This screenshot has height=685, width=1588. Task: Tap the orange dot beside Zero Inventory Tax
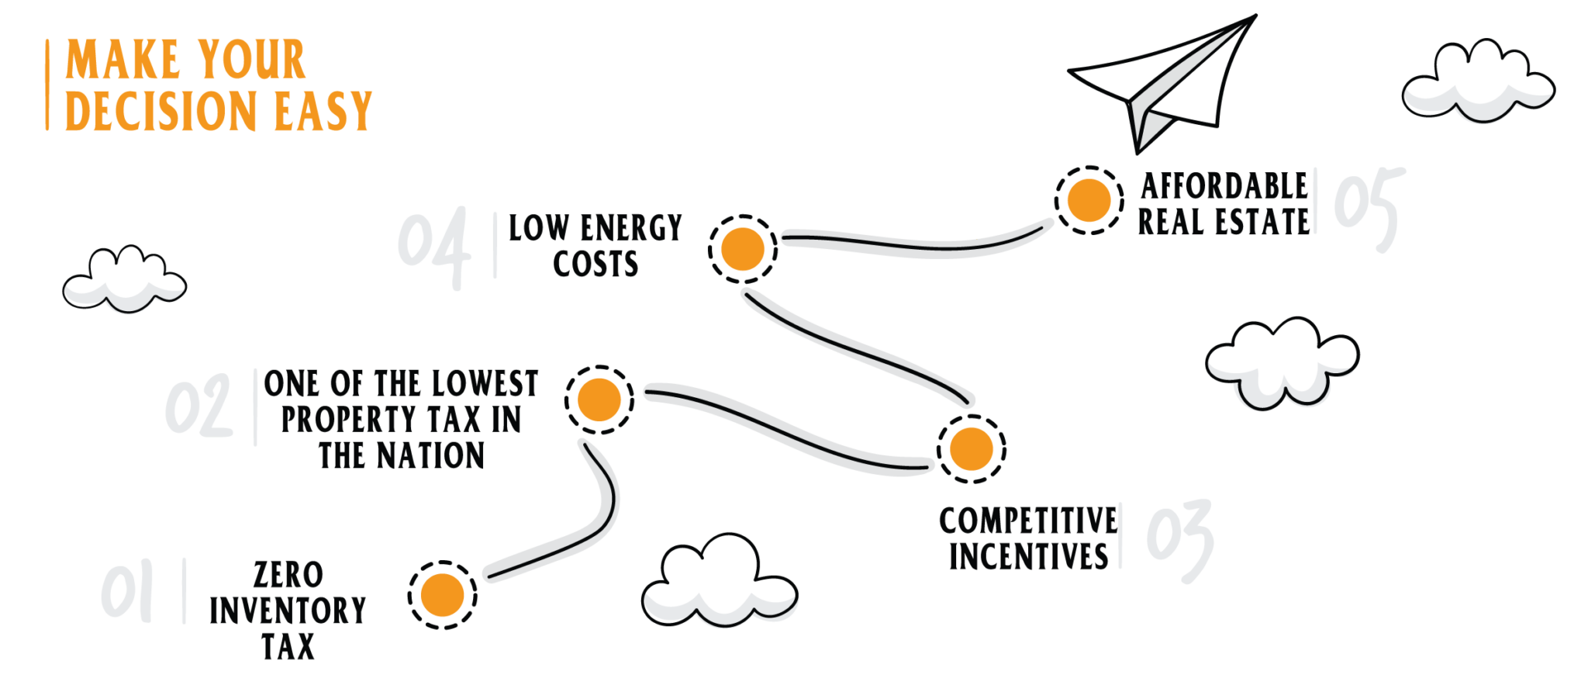[442, 595]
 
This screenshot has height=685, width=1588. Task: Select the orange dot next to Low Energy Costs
[742, 249]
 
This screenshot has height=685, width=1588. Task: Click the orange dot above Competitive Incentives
[971, 449]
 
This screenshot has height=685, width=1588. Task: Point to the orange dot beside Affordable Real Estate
[1089, 200]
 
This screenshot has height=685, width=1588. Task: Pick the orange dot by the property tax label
[599, 400]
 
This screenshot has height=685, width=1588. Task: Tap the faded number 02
[198, 406]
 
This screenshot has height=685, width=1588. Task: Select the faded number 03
[1179, 539]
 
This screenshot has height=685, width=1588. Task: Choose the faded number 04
[434, 247]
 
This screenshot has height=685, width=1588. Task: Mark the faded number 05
[1369, 206]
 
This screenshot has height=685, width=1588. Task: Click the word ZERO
[288, 575]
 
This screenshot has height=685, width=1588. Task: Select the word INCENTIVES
[1028, 556]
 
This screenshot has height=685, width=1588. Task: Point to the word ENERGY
[630, 228]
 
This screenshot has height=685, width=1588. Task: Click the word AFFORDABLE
[1224, 186]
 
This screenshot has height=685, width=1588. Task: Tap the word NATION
[430, 455]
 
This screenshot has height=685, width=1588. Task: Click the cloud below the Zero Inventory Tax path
[718, 582]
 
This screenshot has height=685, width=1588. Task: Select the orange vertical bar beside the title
[47, 85]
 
